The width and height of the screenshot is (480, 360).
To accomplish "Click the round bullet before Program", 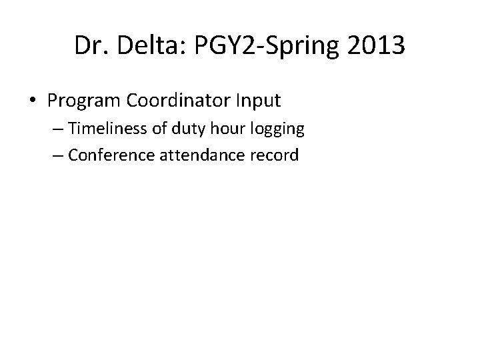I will [x=34, y=101].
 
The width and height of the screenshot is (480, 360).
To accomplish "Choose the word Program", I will [x=82, y=101].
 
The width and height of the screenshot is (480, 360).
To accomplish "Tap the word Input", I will [x=260, y=101].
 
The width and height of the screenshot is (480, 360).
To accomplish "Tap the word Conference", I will [x=103, y=155].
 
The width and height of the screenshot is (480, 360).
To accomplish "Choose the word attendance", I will [x=189, y=155].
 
